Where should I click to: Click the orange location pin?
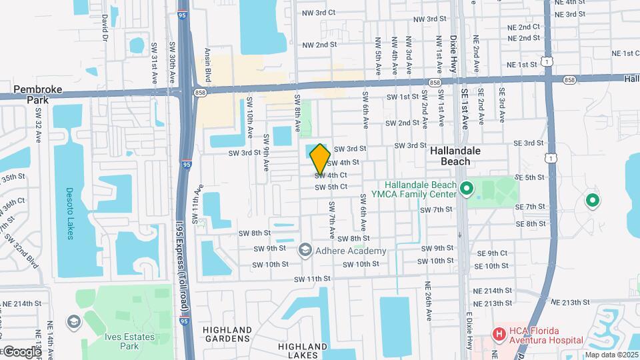[x=320, y=158]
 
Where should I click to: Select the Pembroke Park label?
[x=31, y=93]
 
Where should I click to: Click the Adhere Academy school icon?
[x=305, y=250]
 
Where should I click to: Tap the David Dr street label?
[x=105, y=26]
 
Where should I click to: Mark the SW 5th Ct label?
[x=331, y=187]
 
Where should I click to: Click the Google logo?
[x=21, y=351]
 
